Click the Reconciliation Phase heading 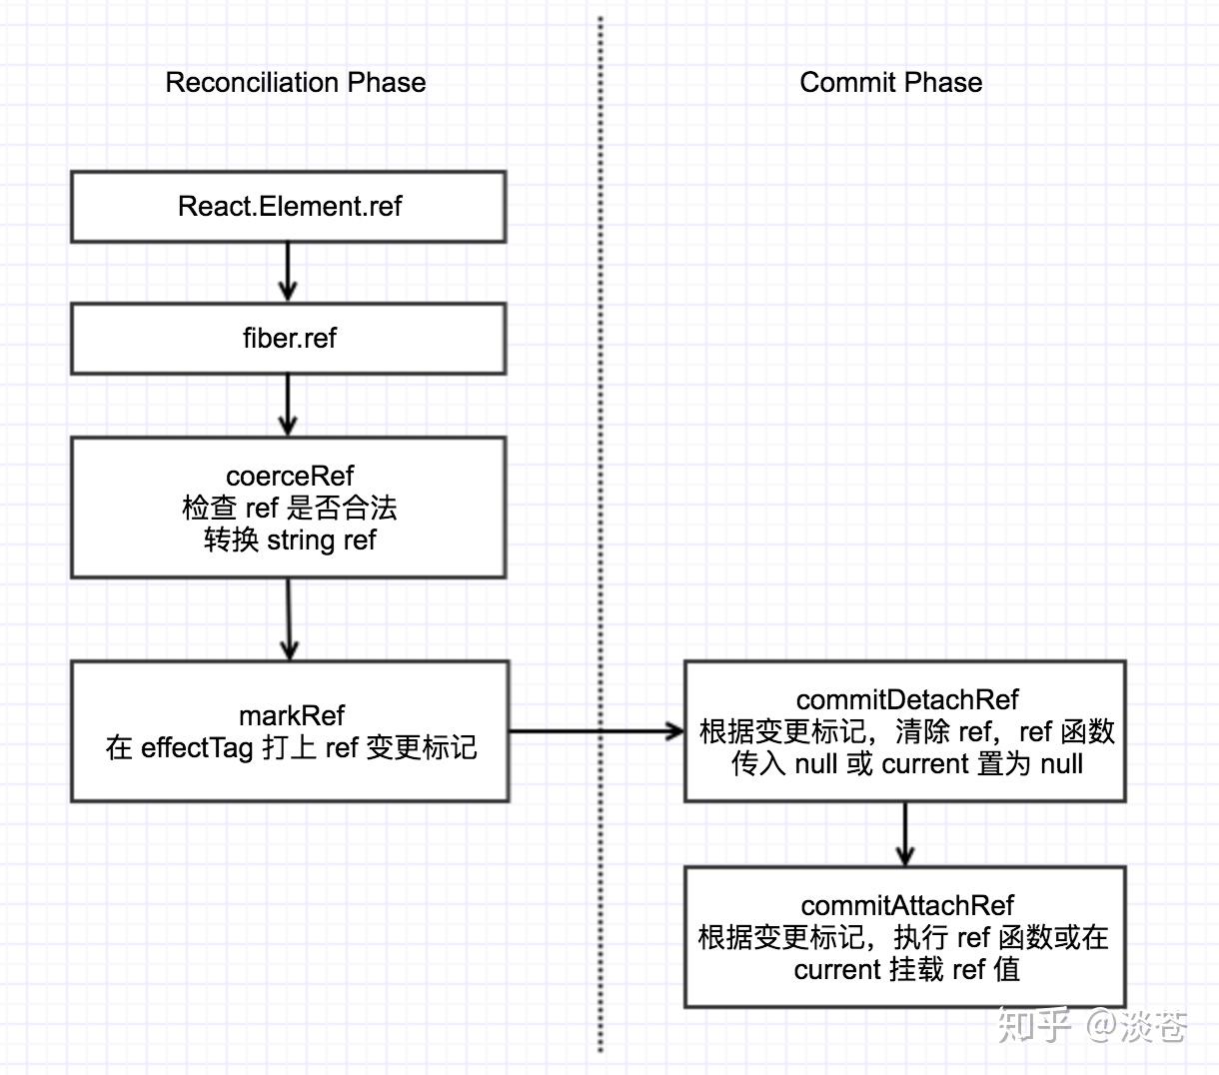coord(295,82)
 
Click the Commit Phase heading coord(890,82)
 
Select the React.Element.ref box coord(288,207)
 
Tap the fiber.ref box coord(288,339)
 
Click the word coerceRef coord(289,476)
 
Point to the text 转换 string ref coord(289,540)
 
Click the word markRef coord(291,715)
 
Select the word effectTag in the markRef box coord(197,748)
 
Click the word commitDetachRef coord(906,699)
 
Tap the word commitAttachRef coord(906,905)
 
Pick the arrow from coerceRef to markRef coord(289,618)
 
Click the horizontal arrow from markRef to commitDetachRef coord(596,731)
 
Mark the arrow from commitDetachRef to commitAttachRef coord(905,833)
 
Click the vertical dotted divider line coord(601,400)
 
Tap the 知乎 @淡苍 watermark coord(1091,1026)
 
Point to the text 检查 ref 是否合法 coord(289,508)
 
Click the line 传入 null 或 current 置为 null coord(906,764)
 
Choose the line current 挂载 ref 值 coord(906,969)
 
